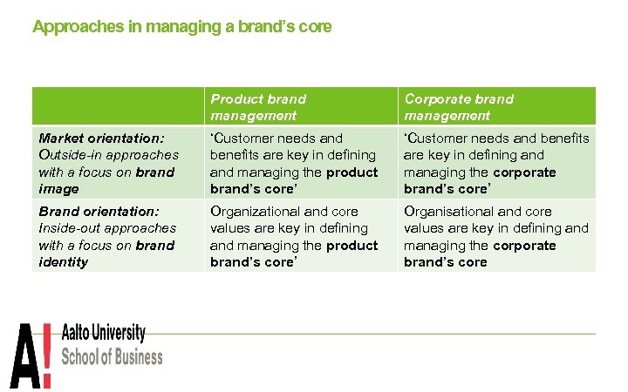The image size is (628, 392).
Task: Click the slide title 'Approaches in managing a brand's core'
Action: [181, 27]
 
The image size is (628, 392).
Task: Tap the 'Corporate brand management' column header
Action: [458, 107]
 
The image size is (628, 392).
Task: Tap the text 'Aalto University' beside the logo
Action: [103, 334]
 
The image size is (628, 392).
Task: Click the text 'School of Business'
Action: [111, 356]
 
